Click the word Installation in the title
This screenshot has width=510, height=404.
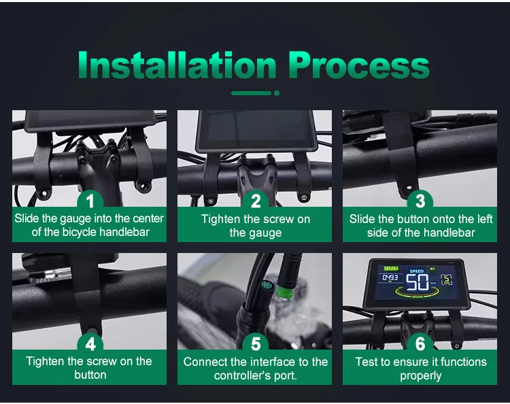click(x=177, y=65)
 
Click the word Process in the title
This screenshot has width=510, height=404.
click(x=359, y=65)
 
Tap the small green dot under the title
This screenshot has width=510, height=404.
click(x=277, y=93)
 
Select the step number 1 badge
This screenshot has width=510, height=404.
click(x=90, y=200)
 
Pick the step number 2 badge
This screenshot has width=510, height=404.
click(x=256, y=200)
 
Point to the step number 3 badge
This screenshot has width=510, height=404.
click(x=420, y=200)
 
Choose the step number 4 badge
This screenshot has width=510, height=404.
click(x=90, y=343)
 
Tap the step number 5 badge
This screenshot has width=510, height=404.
click(x=256, y=343)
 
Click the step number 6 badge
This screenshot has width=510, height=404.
click(x=420, y=343)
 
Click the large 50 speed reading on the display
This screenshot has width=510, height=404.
click(x=417, y=282)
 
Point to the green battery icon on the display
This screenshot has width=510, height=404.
click(x=390, y=269)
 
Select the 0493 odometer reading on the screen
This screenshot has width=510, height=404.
click(x=390, y=277)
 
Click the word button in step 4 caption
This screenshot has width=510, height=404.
click(x=90, y=375)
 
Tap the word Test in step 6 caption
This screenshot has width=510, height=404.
click(x=366, y=362)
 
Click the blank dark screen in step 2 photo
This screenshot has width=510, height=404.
click(x=256, y=129)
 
